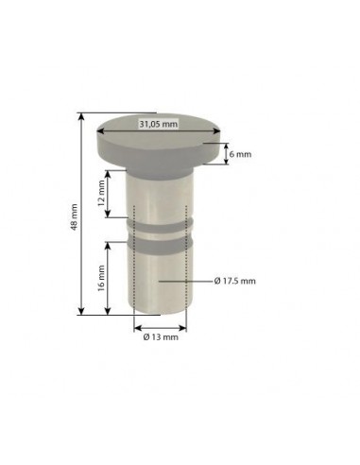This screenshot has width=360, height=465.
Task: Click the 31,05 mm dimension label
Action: (x=158, y=124)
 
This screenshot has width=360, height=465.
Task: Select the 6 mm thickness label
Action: (x=242, y=154)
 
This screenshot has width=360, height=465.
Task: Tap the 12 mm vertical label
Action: (x=100, y=196)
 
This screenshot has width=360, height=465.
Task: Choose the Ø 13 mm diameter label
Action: (x=160, y=337)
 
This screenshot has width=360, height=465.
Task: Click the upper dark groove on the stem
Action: (x=161, y=220)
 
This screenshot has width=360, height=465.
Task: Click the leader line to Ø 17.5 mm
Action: (x=184, y=281)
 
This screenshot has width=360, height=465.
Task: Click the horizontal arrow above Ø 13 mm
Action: (x=161, y=327)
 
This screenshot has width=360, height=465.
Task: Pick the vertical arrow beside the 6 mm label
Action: (x=228, y=153)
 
